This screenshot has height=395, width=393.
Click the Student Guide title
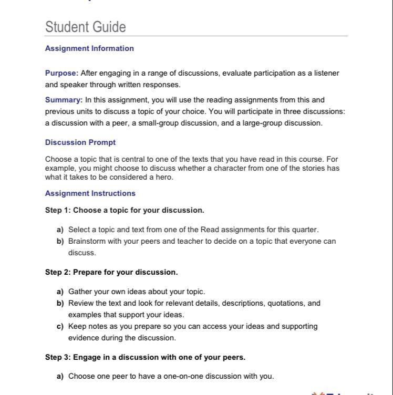pyautogui.click(x=85, y=27)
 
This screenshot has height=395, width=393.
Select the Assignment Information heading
pyautogui.click(x=89, y=48)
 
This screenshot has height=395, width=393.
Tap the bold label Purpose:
pyautogui.click(x=61, y=73)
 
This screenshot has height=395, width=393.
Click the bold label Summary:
pyautogui.click(x=64, y=100)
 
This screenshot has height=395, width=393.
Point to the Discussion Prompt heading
pyautogui.click(x=80, y=142)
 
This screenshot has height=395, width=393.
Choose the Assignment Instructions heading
pyautogui.click(x=90, y=193)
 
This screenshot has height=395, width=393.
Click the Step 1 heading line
pyautogui.click(x=125, y=210)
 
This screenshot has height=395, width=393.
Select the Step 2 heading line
pyautogui.click(x=111, y=272)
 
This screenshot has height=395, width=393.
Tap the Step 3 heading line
pyautogui.click(x=145, y=357)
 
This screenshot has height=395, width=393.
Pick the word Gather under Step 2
pyautogui.click(x=80, y=292)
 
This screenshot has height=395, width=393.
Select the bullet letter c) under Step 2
pyautogui.click(x=60, y=326)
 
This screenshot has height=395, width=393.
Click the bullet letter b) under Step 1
pyautogui.click(x=60, y=241)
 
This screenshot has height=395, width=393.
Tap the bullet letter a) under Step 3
pyautogui.click(x=60, y=376)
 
